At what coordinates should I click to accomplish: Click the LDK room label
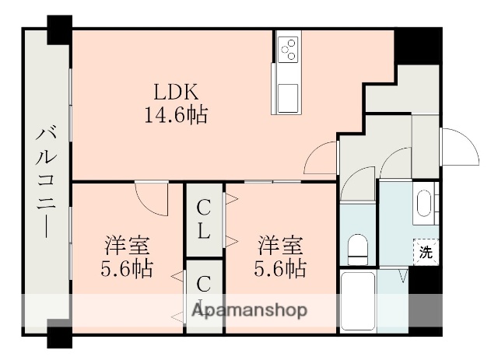[x=175, y=93]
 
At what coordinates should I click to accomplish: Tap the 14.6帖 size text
[x=175, y=116]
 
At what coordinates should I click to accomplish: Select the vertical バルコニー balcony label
[x=45, y=181]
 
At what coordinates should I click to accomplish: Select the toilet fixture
[x=358, y=248]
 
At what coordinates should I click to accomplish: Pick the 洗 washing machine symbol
[x=425, y=251]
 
